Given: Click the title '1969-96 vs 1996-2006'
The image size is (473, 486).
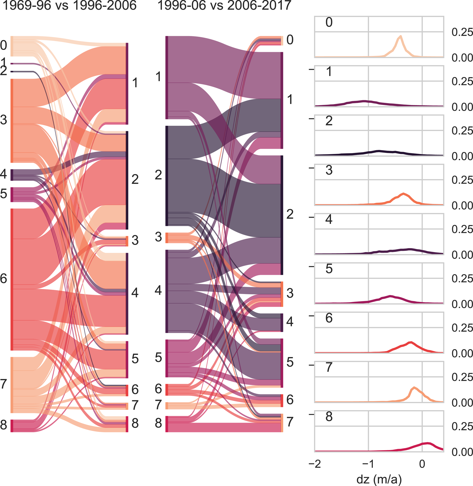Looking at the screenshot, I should coord(69,6).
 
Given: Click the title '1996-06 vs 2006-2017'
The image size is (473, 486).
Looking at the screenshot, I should coord(224,6).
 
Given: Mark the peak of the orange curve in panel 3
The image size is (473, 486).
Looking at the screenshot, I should coord(404,193).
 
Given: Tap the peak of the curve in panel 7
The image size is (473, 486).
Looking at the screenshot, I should coord(414,387).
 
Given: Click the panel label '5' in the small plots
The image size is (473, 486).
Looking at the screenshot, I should coord(329,269).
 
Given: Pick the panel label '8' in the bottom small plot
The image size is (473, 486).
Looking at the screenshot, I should coord(329,417).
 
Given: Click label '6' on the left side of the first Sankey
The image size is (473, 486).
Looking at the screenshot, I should coord(4,279).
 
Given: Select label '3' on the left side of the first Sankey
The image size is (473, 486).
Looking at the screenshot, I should coord(4,120).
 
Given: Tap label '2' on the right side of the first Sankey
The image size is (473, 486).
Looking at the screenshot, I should coord(135,180).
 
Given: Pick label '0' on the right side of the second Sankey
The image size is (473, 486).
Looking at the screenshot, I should coord(290,40).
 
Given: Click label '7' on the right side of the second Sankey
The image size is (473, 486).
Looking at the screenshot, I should coord(290,422).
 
